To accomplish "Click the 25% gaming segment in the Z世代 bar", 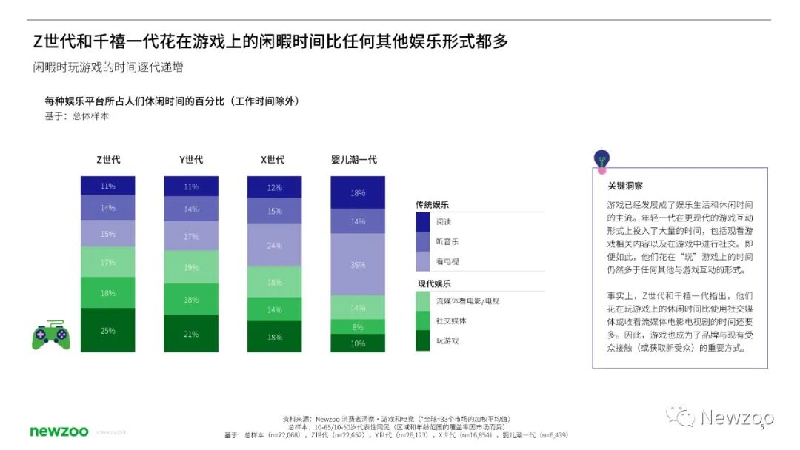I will pos(108,330).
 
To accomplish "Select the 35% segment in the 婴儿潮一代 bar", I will pos(358,264).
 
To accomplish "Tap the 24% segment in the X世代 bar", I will pos(274,245).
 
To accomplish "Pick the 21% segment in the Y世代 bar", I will pos(191,333).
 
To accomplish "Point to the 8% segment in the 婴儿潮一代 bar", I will pos(358,326).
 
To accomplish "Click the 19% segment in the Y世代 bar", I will pos(191,266).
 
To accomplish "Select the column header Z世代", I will pos(108,160).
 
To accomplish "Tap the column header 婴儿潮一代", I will pos(358,160).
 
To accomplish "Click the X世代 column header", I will pos(273,160).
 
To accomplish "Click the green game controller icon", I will pos(50,335).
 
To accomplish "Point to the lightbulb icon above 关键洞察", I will pos(602,158).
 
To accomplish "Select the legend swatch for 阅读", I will pos(423,221).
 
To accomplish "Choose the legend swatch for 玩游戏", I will pos(423,340).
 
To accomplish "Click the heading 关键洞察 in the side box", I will pos(625,186).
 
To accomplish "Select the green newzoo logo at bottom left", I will pos(59,431).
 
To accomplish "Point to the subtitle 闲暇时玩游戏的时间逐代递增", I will pos(108,67).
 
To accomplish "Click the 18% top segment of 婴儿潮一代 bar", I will pos(358,192).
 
